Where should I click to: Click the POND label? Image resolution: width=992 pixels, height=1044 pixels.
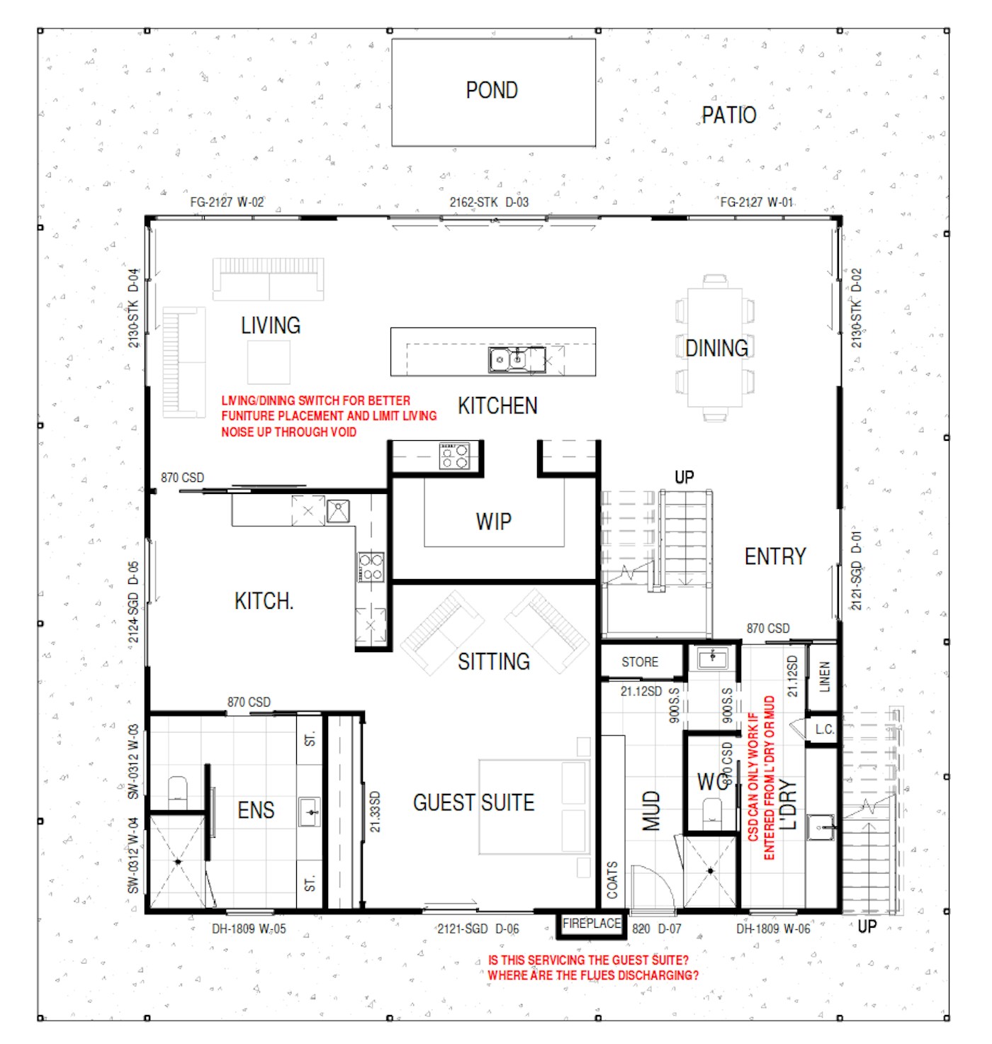point(491,90)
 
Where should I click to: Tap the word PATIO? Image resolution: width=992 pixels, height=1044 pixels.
point(728,116)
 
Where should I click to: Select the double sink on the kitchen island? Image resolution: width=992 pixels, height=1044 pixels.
point(516,359)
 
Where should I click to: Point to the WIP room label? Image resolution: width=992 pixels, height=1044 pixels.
point(493,522)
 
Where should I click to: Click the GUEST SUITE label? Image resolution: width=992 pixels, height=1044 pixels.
point(473,802)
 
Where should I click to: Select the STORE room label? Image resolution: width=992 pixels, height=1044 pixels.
point(639,662)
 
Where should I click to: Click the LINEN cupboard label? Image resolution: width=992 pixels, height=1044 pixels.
point(824,677)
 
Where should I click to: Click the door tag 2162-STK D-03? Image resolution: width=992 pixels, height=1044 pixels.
point(489,202)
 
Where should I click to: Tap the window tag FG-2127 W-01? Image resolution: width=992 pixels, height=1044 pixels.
point(756,202)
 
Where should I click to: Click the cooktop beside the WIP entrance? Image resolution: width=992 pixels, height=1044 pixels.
point(454,456)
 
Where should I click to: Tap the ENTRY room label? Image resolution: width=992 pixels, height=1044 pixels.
point(774,556)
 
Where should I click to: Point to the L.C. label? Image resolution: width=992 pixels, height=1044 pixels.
point(824,729)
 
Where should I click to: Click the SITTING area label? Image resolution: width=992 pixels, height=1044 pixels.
point(494,662)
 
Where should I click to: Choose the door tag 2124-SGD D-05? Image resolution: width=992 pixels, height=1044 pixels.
point(133,602)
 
